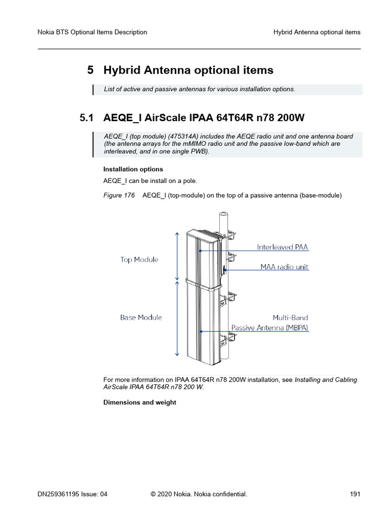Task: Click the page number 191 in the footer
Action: coord(355,494)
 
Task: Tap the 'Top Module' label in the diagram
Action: coord(139,259)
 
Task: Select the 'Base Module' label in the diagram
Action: coord(141,317)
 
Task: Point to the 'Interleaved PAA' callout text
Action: coord(282,247)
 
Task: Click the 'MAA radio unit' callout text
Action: coord(284,267)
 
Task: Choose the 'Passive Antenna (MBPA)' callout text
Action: coord(269,327)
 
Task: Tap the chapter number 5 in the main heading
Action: coord(91,70)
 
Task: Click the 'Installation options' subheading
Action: coord(133,169)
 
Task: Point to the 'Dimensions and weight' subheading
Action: coord(140,402)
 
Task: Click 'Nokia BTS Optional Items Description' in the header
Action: coord(93,32)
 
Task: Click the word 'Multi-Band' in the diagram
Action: coord(290,318)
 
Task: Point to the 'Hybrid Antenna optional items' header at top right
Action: coord(317,32)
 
